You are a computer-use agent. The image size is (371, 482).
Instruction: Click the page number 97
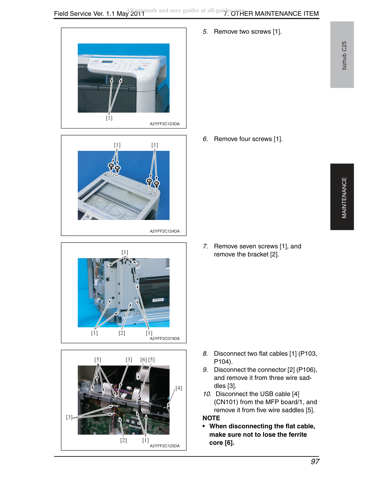[315, 462]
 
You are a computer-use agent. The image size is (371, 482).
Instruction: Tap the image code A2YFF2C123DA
[165, 124]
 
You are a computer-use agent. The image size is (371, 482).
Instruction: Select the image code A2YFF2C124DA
[165, 231]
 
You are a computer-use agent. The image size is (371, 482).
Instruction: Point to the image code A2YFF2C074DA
[165, 339]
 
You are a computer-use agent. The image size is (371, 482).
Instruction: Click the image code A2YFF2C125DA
[165, 446]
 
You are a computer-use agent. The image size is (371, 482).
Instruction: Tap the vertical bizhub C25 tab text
[344, 55]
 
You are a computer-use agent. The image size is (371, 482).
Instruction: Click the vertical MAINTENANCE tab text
[344, 198]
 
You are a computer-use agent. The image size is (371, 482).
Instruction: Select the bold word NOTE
[211, 418]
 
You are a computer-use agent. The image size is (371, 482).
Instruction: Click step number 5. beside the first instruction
[205, 32]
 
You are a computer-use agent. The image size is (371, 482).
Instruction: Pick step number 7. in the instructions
[205, 246]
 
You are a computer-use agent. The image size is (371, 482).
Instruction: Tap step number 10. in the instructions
[207, 394]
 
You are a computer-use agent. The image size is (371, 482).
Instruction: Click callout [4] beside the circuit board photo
[179, 388]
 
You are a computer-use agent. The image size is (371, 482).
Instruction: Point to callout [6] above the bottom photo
[144, 360]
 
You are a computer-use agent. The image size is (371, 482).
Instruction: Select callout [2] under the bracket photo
[122, 333]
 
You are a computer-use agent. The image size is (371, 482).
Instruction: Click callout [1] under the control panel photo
[109, 118]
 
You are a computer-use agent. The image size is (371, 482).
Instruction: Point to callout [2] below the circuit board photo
[123, 440]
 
